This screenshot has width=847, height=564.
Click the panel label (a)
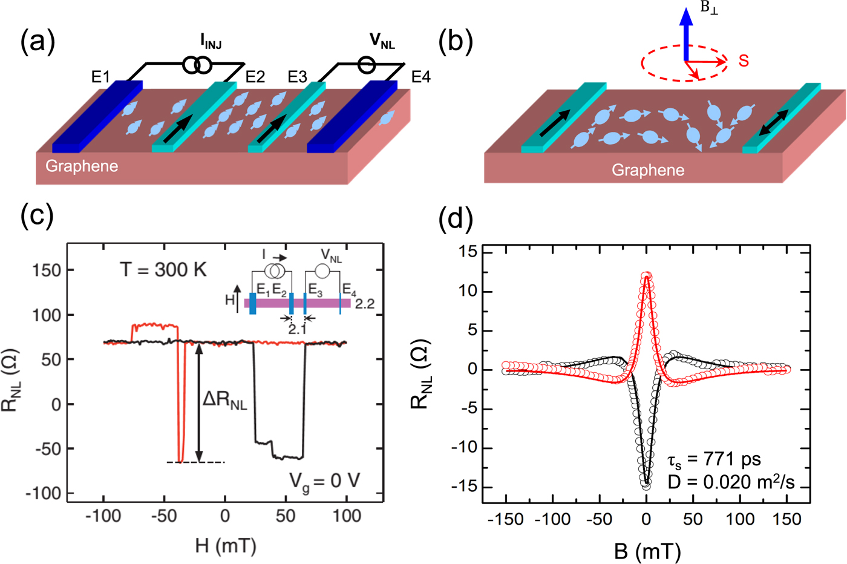tap(38, 42)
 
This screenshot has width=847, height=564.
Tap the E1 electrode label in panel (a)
tap(100, 77)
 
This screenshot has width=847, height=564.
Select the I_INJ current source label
tap(211, 42)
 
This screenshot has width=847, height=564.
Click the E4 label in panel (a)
tap(420, 77)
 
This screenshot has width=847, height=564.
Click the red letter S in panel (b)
tap(744, 61)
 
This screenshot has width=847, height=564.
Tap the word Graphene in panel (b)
tap(648, 170)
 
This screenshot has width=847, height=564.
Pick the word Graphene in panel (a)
tap(82, 166)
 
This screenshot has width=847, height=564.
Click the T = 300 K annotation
tap(163, 270)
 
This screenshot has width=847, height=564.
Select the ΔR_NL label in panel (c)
tap(224, 401)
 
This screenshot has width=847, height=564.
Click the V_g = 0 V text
tap(324, 482)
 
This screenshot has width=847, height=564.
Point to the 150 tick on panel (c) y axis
tap(47, 270)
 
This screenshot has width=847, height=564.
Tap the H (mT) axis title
tap(226, 546)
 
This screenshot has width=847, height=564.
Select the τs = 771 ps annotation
tap(714, 460)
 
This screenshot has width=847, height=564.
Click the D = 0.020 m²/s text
tap(731, 482)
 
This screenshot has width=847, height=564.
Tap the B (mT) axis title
tap(647, 551)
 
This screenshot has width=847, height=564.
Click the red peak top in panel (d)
tap(647, 275)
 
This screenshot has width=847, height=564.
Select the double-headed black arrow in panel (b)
tap(774, 123)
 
